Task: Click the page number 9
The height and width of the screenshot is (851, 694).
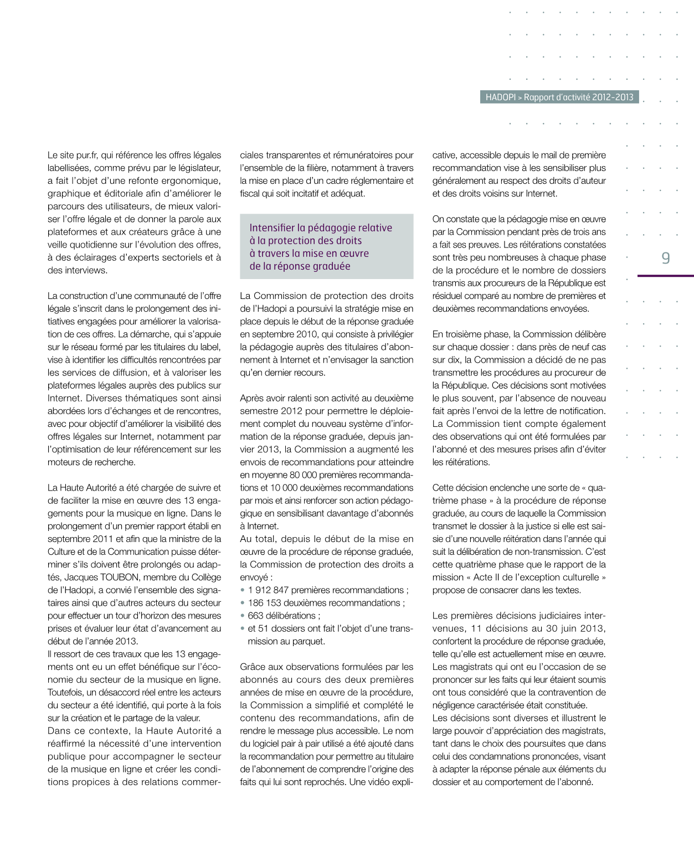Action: pos(666,258)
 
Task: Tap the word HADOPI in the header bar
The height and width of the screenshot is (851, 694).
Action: pos(500,97)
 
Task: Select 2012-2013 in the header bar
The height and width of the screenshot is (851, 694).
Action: pos(613,97)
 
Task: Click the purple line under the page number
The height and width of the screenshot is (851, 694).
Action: pos(665,275)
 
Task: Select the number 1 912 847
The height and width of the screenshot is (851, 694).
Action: pos(269,590)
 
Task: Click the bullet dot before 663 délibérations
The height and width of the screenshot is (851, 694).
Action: pos(243,616)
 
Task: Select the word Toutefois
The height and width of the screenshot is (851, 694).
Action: pos(66,693)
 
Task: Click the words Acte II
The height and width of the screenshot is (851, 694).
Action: pos(490,577)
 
